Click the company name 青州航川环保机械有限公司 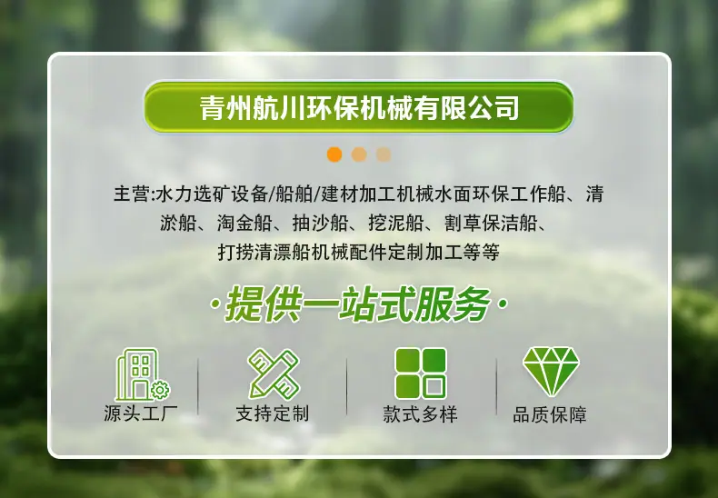click(x=359, y=108)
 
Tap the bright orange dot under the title click(x=334, y=154)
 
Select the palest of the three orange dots click(x=384, y=154)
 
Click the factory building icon click(x=142, y=374)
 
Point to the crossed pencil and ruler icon click(x=274, y=374)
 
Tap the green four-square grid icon click(x=421, y=373)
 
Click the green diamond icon click(x=551, y=371)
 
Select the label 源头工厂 click(x=141, y=413)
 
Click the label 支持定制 click(x=273, y=413)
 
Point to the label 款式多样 click(x=421, y=414)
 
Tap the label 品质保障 click(x=550, y=414)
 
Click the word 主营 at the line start click(x=132, y=194)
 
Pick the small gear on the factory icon click(x=160, y=390)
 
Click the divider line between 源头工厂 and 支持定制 click(x=198, y=386)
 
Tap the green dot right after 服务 click(x=503, y=304)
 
